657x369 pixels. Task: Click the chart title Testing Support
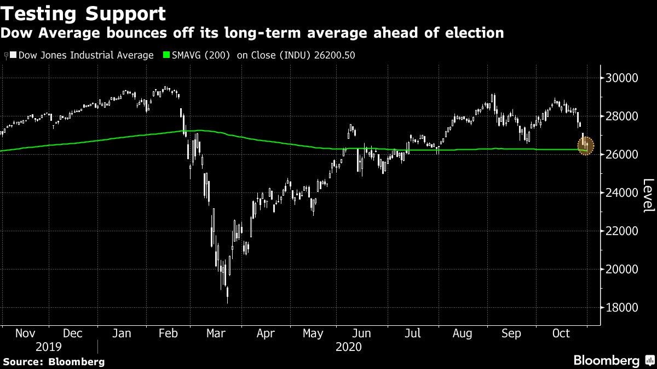click(83, 13)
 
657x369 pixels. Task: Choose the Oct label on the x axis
click(561, 333)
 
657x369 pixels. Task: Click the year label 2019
click(48, 347)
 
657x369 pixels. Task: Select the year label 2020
click(348, 347)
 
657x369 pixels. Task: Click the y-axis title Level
click(648, 196)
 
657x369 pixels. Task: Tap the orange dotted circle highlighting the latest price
click(585, 146)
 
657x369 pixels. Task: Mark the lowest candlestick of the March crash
click(227, 295)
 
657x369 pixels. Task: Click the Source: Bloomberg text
click(53, 361)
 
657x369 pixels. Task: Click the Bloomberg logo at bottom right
click(613, 360)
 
